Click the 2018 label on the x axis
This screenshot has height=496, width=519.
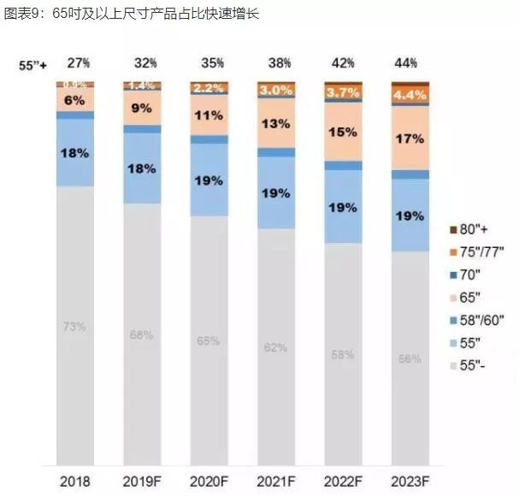75,481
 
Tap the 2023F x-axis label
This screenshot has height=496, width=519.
410,481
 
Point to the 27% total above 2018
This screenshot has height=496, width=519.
78,63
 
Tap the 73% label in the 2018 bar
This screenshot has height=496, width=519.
75,326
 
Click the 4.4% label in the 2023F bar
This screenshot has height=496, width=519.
410,95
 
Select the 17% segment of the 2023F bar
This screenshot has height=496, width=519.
410,137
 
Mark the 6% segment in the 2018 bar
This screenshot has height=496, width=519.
75,99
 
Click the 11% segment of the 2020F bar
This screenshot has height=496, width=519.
209,115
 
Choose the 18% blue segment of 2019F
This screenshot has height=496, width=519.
142,168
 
